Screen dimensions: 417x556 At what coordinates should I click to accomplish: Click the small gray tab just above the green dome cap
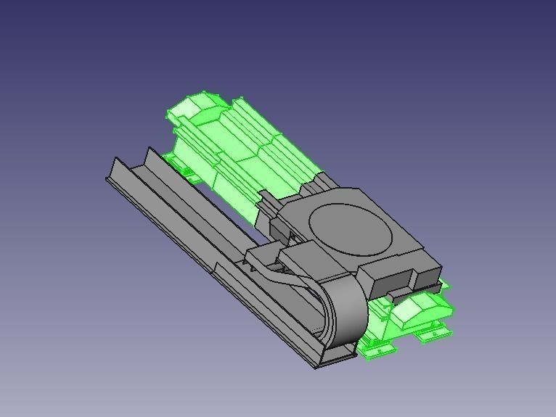398,294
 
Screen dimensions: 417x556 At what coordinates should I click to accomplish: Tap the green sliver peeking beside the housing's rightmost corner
445,284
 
